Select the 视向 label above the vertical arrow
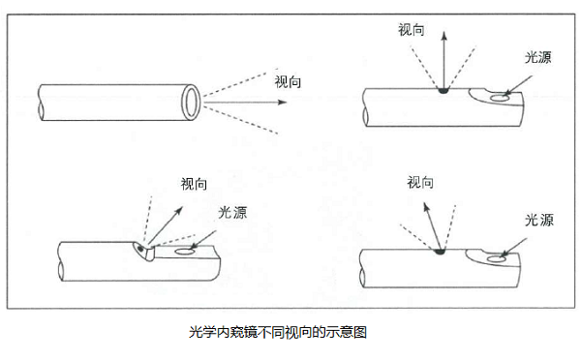(412, 29)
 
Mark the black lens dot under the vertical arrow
(443, 93)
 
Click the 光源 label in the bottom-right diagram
(540, 220)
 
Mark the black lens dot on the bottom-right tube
(439, 253)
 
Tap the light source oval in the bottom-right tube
(498, 258)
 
